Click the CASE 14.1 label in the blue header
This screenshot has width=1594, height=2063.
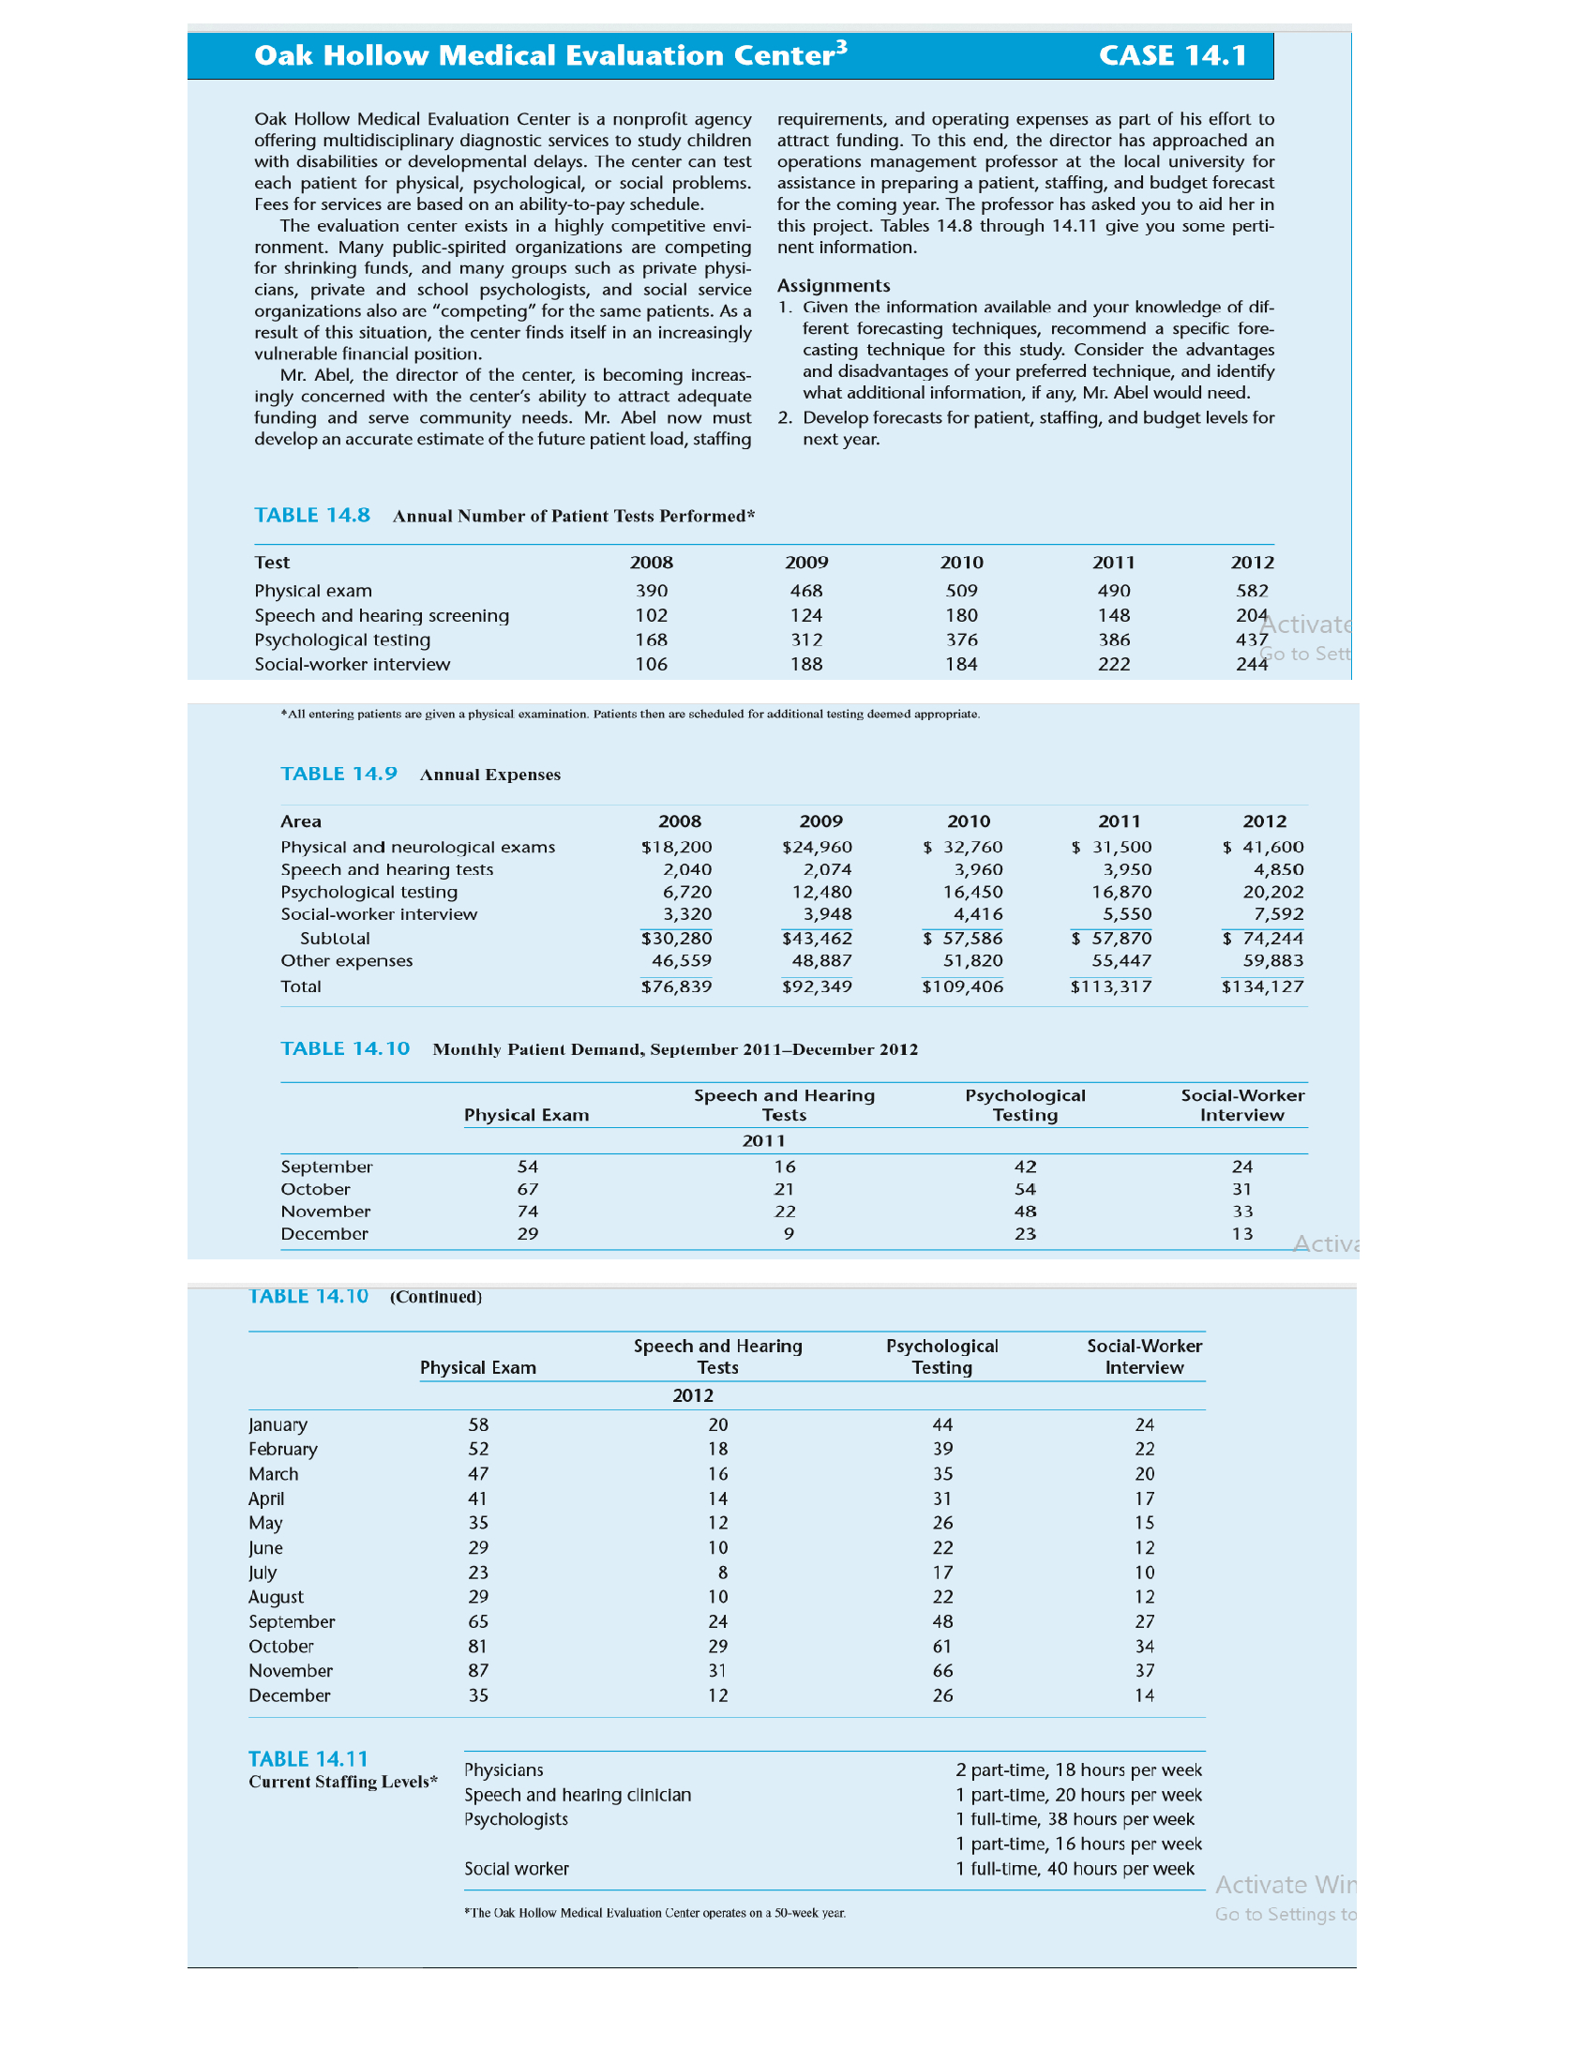click(x=1172, y=55)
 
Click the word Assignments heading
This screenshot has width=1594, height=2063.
click(x=833, y=285)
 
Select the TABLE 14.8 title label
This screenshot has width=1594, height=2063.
click(x=311, y=515)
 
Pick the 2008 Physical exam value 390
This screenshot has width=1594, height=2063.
click(x=651, y=591)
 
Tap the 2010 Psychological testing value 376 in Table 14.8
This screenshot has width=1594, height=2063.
click(x=961, y=640)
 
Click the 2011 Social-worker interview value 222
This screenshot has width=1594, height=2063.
click(x=1113, y=664)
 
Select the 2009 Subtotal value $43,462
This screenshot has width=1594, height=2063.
click(x=817, y=938)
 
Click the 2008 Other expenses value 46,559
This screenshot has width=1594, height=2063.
click(x=681, y=960)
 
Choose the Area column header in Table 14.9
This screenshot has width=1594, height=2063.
click(x=300, y=821)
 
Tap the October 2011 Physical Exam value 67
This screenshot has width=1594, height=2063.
click(x=527, y=1189)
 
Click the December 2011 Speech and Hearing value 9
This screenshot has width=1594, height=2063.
click(x=788, y=1234)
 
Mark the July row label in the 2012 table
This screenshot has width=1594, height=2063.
click(x=263, y=1573)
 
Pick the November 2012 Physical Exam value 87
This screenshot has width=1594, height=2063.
click(x=478, y=1671)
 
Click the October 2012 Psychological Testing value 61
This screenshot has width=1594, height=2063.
click(x=941, y=1647)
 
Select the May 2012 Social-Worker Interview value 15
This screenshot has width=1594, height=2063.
click(x=1144, y=1523)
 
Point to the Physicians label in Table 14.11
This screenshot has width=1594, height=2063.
click(x=504, y=1770)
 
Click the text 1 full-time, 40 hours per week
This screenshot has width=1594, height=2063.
click(x=1074, y=1868)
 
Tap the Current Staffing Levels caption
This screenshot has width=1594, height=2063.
click(x=343, y=1782)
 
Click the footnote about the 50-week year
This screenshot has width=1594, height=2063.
click(x=654, y=1913)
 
